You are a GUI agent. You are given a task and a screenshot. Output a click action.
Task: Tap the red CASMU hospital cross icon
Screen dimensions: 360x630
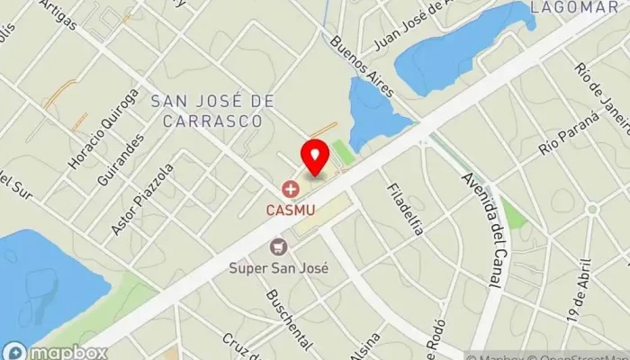click(290, 189)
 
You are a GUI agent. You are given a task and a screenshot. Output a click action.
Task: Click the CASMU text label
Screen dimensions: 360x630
click(290, 210)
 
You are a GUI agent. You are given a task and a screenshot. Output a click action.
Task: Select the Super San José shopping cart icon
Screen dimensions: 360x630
click(279, 246)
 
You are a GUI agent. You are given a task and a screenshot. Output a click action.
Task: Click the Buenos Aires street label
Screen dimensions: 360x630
click(355, 59)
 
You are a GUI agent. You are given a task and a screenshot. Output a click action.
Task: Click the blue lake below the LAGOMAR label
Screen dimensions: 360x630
click(459, 49)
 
